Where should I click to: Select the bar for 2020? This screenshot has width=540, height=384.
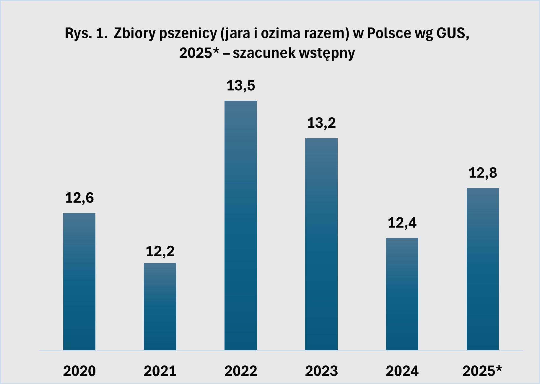[79, 282]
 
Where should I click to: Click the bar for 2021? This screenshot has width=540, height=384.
[160, 307]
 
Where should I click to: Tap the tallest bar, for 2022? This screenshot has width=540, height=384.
[241, 226]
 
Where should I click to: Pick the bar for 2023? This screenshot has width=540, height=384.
[321, 244]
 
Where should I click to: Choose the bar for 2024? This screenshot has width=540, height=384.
[402, 294]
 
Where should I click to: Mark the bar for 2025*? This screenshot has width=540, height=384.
[483, 269]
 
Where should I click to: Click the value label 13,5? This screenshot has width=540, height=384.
[241, 86]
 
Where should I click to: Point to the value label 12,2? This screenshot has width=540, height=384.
[160, 251]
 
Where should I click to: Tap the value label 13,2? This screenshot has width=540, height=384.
[321, 123]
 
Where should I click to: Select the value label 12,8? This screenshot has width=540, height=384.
[483, 173]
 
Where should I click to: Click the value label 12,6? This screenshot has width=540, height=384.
[79, 198]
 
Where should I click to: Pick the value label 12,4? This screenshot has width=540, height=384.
[402, 223]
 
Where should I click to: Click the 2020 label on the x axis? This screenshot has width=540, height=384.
[79, 371]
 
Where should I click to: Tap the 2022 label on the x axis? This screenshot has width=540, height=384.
[241, 371]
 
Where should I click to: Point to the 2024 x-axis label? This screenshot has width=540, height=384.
[402, 371]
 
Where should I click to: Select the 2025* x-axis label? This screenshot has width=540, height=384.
[482, 371]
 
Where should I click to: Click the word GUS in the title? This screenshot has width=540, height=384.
[451, 34]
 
